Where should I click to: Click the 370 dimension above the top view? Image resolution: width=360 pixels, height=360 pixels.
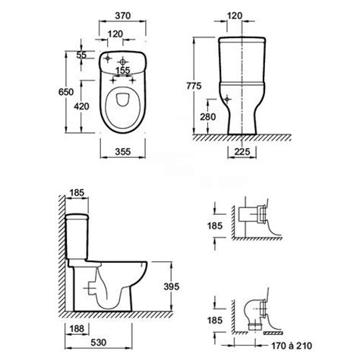123,16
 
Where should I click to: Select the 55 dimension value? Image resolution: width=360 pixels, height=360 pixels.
81,55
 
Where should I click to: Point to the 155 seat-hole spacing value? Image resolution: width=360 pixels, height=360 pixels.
123,70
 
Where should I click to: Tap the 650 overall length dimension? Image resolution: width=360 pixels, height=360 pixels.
66,92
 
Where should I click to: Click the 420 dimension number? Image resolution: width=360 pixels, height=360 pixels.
81,106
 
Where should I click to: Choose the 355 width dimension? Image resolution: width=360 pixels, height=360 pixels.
123,152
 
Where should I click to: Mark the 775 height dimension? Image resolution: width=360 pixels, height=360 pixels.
194,86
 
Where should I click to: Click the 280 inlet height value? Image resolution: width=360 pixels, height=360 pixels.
208,117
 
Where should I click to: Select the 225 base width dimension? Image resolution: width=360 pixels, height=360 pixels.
242,152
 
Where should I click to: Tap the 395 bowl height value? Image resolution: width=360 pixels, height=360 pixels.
172,286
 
